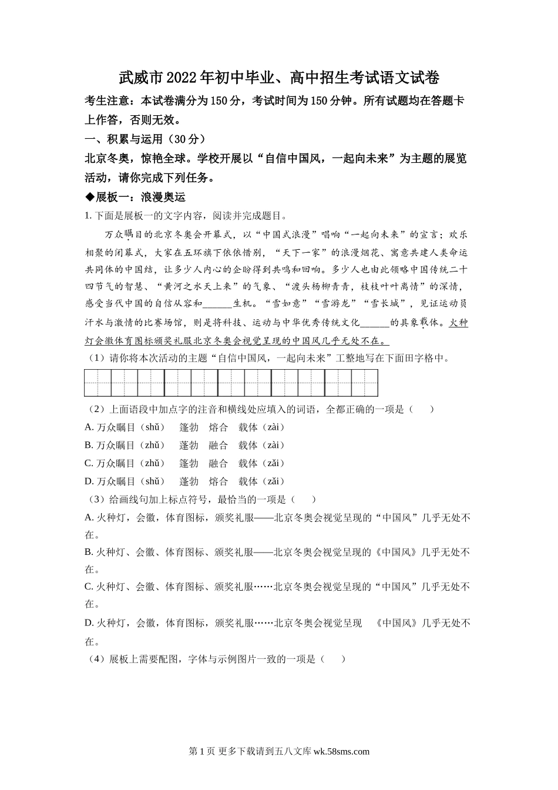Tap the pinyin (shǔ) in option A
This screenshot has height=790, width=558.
click(154, 427)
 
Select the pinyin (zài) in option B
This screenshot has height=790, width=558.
click(273, 445)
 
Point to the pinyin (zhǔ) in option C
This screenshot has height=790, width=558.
click(154, 463)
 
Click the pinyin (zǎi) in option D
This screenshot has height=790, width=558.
click(272, 481)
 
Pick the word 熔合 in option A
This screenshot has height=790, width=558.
click(218, 427)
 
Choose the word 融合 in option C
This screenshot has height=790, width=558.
click(218, 463)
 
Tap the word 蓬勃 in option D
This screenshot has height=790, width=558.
click(189, 481)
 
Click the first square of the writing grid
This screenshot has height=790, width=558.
click(98, 383)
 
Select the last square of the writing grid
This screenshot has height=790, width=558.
click(365, 383)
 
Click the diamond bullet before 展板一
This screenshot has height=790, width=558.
click(90, 197)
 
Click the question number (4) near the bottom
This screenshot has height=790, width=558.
click(96, 659)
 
